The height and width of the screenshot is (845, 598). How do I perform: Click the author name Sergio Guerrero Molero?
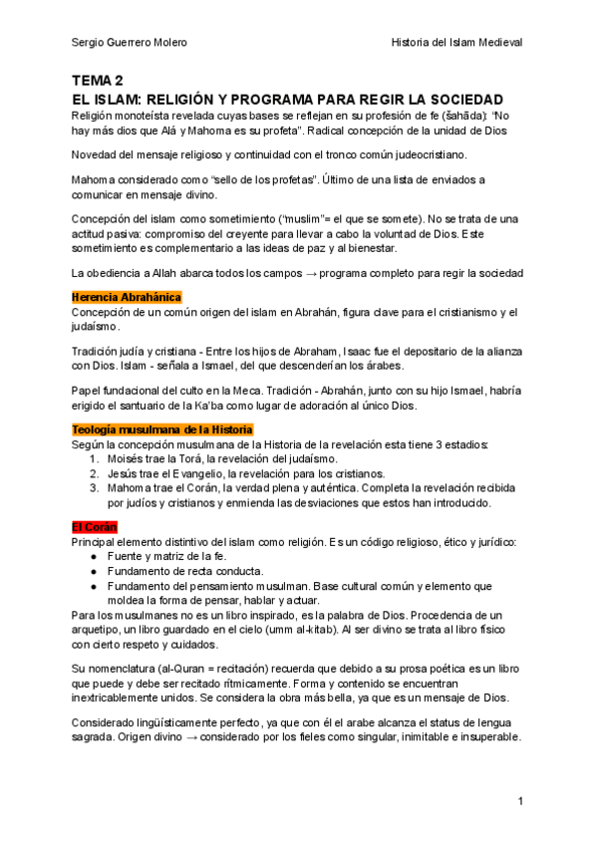pos(129,43)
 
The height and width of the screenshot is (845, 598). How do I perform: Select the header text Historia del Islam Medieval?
pos(457,43)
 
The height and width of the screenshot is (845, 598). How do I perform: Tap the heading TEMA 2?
pos(97,81)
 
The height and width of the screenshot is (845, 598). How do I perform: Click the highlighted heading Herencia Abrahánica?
pos(127,297)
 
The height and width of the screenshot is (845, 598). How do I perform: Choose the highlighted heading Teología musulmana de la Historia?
pos(162,428)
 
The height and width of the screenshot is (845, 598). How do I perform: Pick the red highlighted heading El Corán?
pos(95,525)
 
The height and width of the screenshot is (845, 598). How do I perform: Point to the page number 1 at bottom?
pos(520,801)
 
